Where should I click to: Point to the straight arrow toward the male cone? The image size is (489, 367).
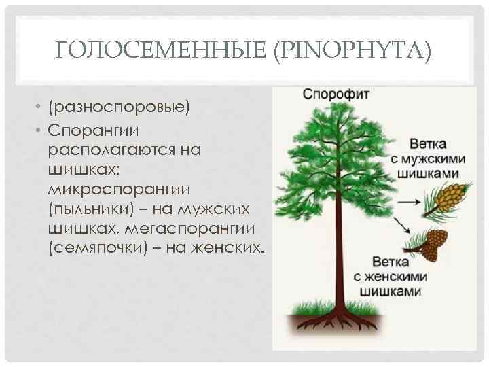point(412,202)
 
